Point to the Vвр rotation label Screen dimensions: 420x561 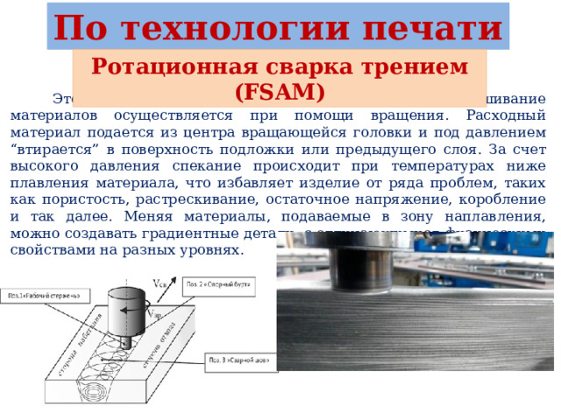(x=155, y=312)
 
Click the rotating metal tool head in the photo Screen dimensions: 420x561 (x=359, y=259)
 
